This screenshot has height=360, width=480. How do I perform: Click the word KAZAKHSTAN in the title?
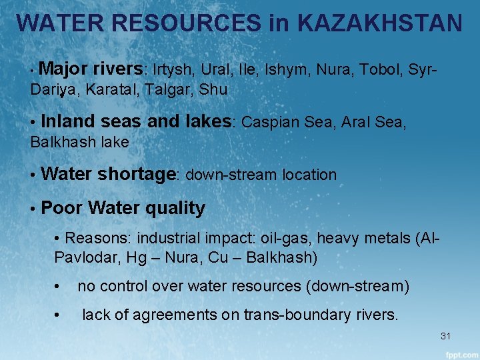pos(379,23)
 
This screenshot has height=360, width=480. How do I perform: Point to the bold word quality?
pos(175,208)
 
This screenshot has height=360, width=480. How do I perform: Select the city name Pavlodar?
pos(85,257)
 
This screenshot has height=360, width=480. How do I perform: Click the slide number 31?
pos(446,335)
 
